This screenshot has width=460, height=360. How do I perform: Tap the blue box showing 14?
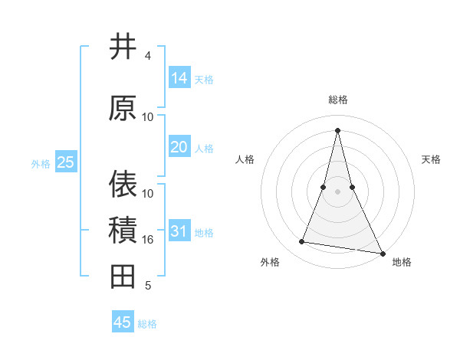(179, 78)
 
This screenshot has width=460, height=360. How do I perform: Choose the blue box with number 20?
(179, 147)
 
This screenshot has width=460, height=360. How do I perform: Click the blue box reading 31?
(179, 231)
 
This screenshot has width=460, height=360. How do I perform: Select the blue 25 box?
(65, 162)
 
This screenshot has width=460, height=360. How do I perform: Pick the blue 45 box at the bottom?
(123, 322)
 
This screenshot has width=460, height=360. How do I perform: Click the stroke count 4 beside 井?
(148, 56)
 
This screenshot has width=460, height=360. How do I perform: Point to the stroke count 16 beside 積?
(148, 240)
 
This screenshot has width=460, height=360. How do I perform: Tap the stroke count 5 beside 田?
(148, 286)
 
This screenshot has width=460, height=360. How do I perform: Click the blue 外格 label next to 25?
(41, 163)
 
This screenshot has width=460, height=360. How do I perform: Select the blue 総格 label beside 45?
(147, 324)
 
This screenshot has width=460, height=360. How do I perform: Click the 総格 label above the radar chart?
(337, 100)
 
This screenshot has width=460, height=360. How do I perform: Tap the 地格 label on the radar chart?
(402, 263)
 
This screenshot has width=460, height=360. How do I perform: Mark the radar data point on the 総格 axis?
(337, 129)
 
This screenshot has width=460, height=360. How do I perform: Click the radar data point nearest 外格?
(302, 242)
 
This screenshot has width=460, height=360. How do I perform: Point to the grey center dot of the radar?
(337, 191)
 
